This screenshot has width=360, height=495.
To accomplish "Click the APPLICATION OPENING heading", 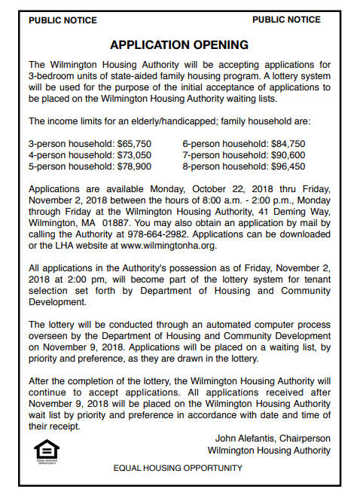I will [179, 45].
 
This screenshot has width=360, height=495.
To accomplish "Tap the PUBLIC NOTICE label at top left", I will [62, 20].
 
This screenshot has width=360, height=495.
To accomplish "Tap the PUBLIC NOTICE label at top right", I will [286, 20].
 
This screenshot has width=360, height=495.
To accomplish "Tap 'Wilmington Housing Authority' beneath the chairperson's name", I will [269, 450].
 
